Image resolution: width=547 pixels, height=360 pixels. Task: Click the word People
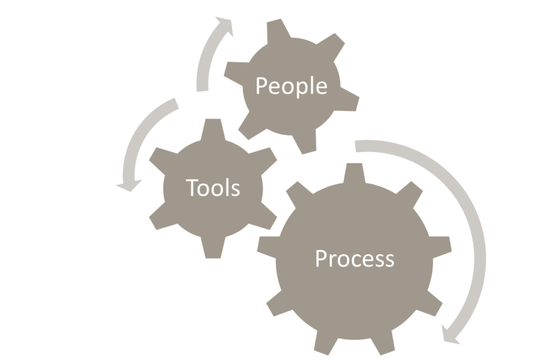pos(292,86)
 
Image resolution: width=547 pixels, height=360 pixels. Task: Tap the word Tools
pos(213,187)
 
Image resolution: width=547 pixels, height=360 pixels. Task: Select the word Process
pos(355,259)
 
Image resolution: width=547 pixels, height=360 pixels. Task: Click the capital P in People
pos(262,85)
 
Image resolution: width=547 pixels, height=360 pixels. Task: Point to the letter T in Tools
pos(192,187)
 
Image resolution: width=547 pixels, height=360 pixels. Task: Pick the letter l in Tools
pos(228,187)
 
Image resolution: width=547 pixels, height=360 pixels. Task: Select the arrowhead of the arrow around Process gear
pos(450,335)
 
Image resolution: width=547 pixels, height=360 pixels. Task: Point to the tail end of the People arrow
pos(202,91)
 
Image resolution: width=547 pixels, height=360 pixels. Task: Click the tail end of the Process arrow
pos(355,146)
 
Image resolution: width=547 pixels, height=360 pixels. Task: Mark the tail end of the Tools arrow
pos(176,103)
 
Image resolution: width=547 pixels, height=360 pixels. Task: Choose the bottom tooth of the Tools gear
pos(213,248)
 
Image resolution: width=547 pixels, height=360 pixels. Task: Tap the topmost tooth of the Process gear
pos(355,172)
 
